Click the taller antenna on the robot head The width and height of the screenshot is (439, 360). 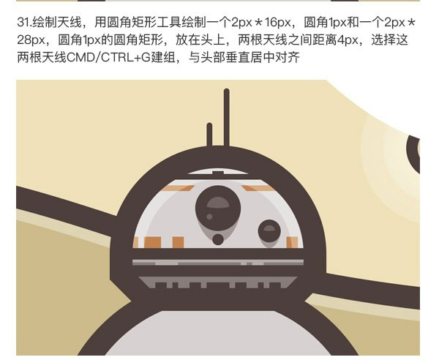point(227,118)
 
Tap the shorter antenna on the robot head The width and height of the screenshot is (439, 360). point(209,135)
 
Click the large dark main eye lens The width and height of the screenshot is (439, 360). point(218,208)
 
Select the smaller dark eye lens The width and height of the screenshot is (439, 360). point(269,231)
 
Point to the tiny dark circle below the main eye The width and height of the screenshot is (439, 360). point(218,239)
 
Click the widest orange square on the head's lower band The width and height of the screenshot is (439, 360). point(153,242)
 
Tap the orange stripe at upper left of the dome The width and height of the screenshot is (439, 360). point(177,188)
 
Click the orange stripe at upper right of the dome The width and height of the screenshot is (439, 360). point(259,188)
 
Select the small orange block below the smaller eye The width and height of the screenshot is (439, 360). point(292,242)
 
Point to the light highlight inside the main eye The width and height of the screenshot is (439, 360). point(218,203)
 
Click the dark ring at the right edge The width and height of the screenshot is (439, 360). point(413,154)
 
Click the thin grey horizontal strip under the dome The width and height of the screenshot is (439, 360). point(218,262)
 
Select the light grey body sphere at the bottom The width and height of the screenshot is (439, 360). point(218,333)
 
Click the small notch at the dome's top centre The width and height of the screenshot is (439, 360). point(218,173)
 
